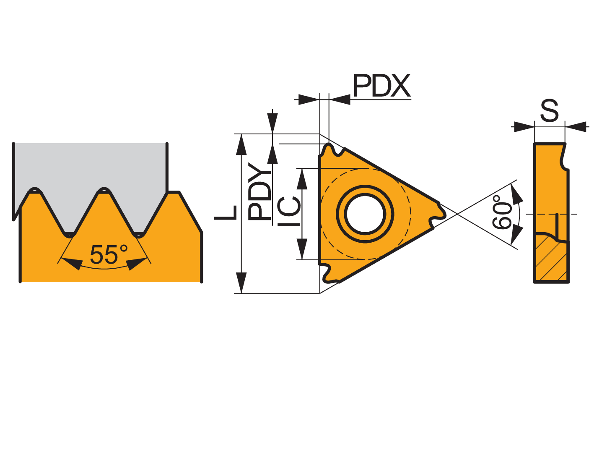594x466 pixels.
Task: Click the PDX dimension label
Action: tap(381, 85)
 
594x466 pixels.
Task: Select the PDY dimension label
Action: tap(259, 191)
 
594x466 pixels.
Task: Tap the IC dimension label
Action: tap(289, 211)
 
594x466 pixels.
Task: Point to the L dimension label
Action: tap(225, 212)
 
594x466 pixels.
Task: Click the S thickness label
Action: tap(549, 110)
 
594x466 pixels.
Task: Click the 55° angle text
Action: tap(109, 254)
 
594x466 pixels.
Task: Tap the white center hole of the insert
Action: tap(365, 213)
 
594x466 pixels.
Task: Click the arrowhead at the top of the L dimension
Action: tap(241, 145)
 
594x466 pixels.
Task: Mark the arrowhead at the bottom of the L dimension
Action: tap(241, 283)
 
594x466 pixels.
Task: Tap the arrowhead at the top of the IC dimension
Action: tap(302, 179)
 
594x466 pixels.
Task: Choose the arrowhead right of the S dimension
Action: tap(576, 127)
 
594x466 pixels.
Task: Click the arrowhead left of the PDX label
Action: tap(309, 99)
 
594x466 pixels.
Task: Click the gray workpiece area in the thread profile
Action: tap(90, 167)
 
